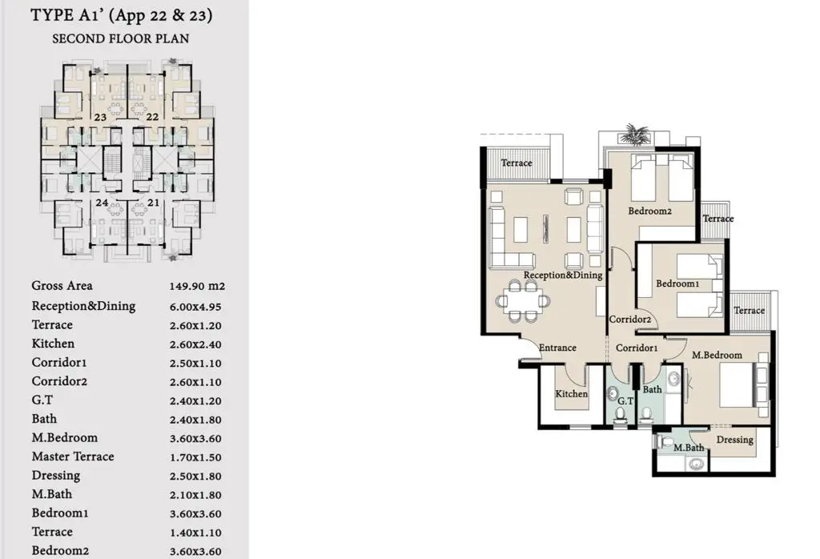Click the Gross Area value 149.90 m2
coord(197,286)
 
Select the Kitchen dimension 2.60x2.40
coord(195,344)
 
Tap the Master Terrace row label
coord(73,456)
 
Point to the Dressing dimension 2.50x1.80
coord(195,477)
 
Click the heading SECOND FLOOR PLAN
coord(120,38)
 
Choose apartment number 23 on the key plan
coord(100,117)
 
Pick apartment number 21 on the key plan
coord(153,203)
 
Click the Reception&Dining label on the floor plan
coord(563,275)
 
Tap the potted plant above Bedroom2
coord(634,134)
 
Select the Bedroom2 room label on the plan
coord(649,211)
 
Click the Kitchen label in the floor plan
coord(571,394)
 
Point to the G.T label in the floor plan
coord(625,401)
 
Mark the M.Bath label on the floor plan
coord(689,448)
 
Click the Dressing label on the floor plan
coord(735,440)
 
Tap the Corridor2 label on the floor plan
coord(630,319)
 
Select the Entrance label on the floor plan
coord(557,348)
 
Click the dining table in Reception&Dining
coord(523,300)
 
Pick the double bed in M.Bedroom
coord(742,385)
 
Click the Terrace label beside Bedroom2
coord(718,219)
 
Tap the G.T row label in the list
coord(42,400)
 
